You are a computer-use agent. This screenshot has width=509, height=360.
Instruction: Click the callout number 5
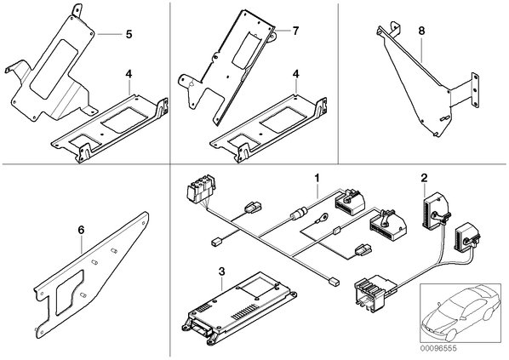coord(129,34)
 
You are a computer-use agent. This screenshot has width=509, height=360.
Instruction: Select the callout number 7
coord(295,31)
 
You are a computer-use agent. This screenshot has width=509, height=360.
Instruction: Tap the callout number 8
coord(421,31)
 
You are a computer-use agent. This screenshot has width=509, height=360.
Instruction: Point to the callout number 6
coord(81,230)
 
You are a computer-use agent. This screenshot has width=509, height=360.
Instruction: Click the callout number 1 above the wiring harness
coord(317,178)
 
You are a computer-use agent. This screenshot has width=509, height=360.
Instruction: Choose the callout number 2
coord(424,178)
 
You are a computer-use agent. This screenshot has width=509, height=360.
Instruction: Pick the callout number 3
coord(221,271)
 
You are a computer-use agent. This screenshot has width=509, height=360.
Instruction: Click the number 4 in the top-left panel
coord(129,74)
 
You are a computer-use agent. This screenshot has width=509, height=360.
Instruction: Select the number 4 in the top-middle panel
coord(295,74)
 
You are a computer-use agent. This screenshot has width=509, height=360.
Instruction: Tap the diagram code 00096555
coord(438,348)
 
